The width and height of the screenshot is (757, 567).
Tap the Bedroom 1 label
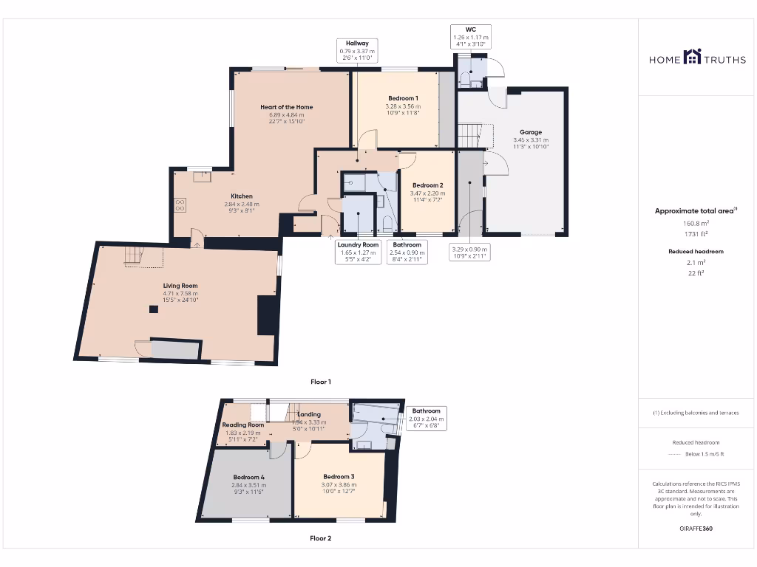pyautogui.click(x=403, y=98)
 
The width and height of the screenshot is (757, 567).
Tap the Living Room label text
pyautogui.click(x=180, y=285)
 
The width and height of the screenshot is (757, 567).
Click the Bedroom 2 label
pyautogui.click(x=427, y=185)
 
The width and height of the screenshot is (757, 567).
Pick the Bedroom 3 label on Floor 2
pyautogui.click(x=338, y=476)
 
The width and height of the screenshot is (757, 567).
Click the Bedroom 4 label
pyautogui.click(x=248, y=477)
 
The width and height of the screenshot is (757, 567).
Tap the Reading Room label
pyautogui.click(x=243, y=425)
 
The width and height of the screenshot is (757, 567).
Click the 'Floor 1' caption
pyautogui.click(x=320, y=382)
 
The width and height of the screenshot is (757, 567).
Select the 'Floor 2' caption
pyautogui.click(x=320, y=538)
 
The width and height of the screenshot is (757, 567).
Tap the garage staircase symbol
pyautogui.click(x=467, y=136)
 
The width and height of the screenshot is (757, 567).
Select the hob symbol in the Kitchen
pyautogui.click(x=180, y=205)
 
